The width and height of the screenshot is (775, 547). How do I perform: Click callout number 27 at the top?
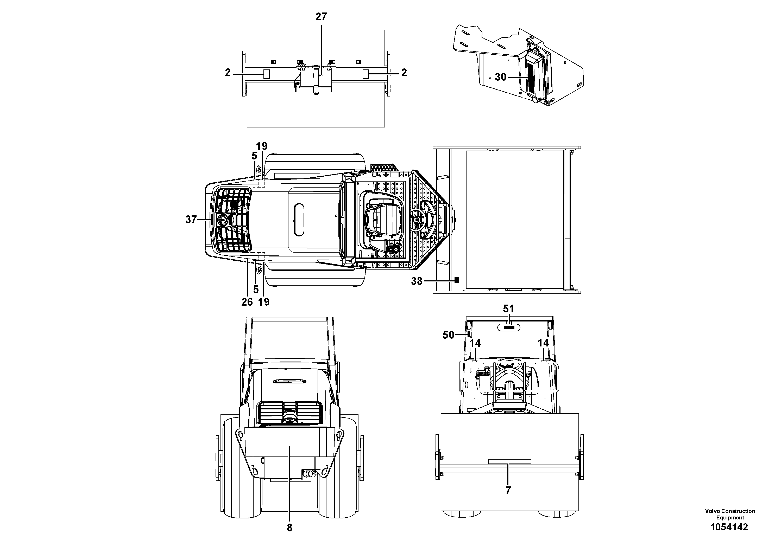[x=321, y=17]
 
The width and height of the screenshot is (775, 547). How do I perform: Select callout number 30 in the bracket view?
[x=500, y=77]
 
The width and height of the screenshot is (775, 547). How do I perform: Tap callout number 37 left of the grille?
[x=191, y=220]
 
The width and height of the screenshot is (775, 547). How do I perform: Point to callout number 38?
[x=417, y=281]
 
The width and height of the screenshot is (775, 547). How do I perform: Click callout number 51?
[x=508, y=308]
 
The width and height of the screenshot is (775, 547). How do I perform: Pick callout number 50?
[x=448, y=335]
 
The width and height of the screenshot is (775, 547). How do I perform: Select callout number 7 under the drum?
[x=508, y=490]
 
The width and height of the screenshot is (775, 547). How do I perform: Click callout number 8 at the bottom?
[x=289, y=528]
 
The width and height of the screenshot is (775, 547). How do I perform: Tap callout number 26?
[x=247, y=302]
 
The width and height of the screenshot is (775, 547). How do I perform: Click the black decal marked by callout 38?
[x=457, y=280]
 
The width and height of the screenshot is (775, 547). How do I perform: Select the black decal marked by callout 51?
[x=509, y=327]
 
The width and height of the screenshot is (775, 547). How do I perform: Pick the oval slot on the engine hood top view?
[x=299, y=220]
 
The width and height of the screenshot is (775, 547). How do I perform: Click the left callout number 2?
[x=228, y=73]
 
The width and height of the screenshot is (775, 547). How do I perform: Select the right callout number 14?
[x=543, y=343]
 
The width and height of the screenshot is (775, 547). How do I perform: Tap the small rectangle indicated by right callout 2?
[x=365, y=74]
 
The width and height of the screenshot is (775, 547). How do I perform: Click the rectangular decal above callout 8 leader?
[x=290, y=439]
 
